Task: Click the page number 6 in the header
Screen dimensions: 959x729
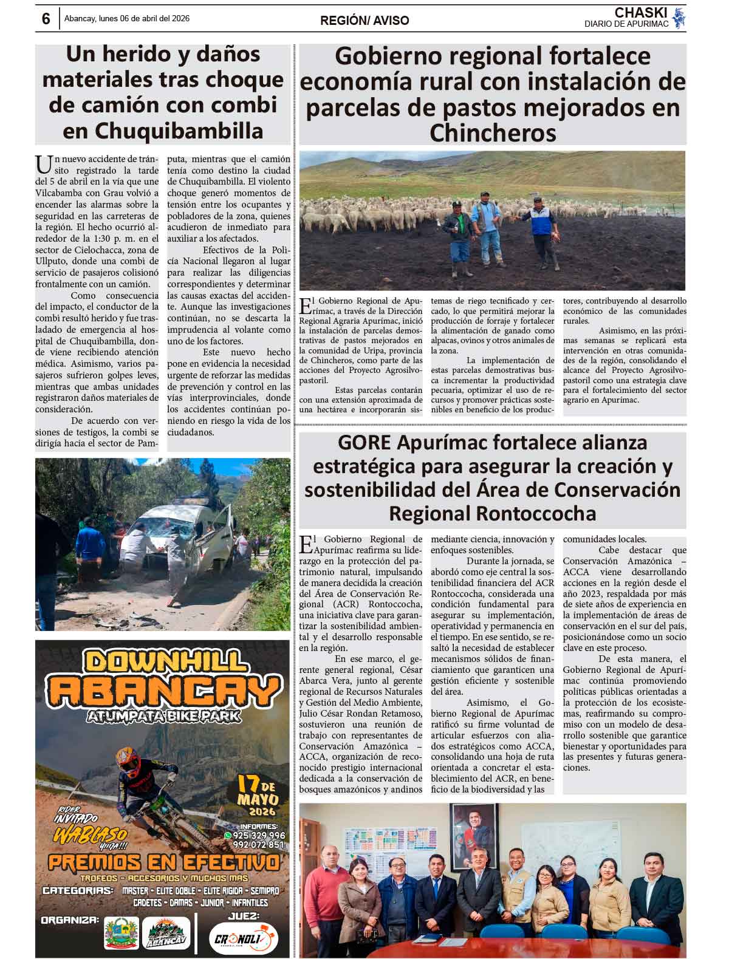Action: point(46,19)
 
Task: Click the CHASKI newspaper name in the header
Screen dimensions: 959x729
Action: point(640,13)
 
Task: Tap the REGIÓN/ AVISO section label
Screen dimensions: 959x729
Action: point(364,21)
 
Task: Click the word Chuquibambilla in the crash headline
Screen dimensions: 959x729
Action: point(179,131)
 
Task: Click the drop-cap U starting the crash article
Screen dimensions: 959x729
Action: point(43,163)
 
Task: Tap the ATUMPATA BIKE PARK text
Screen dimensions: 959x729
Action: point(163,716)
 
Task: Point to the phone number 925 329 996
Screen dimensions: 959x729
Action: point(259,835)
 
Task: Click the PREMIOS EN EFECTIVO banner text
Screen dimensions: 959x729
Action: point(163,862)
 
